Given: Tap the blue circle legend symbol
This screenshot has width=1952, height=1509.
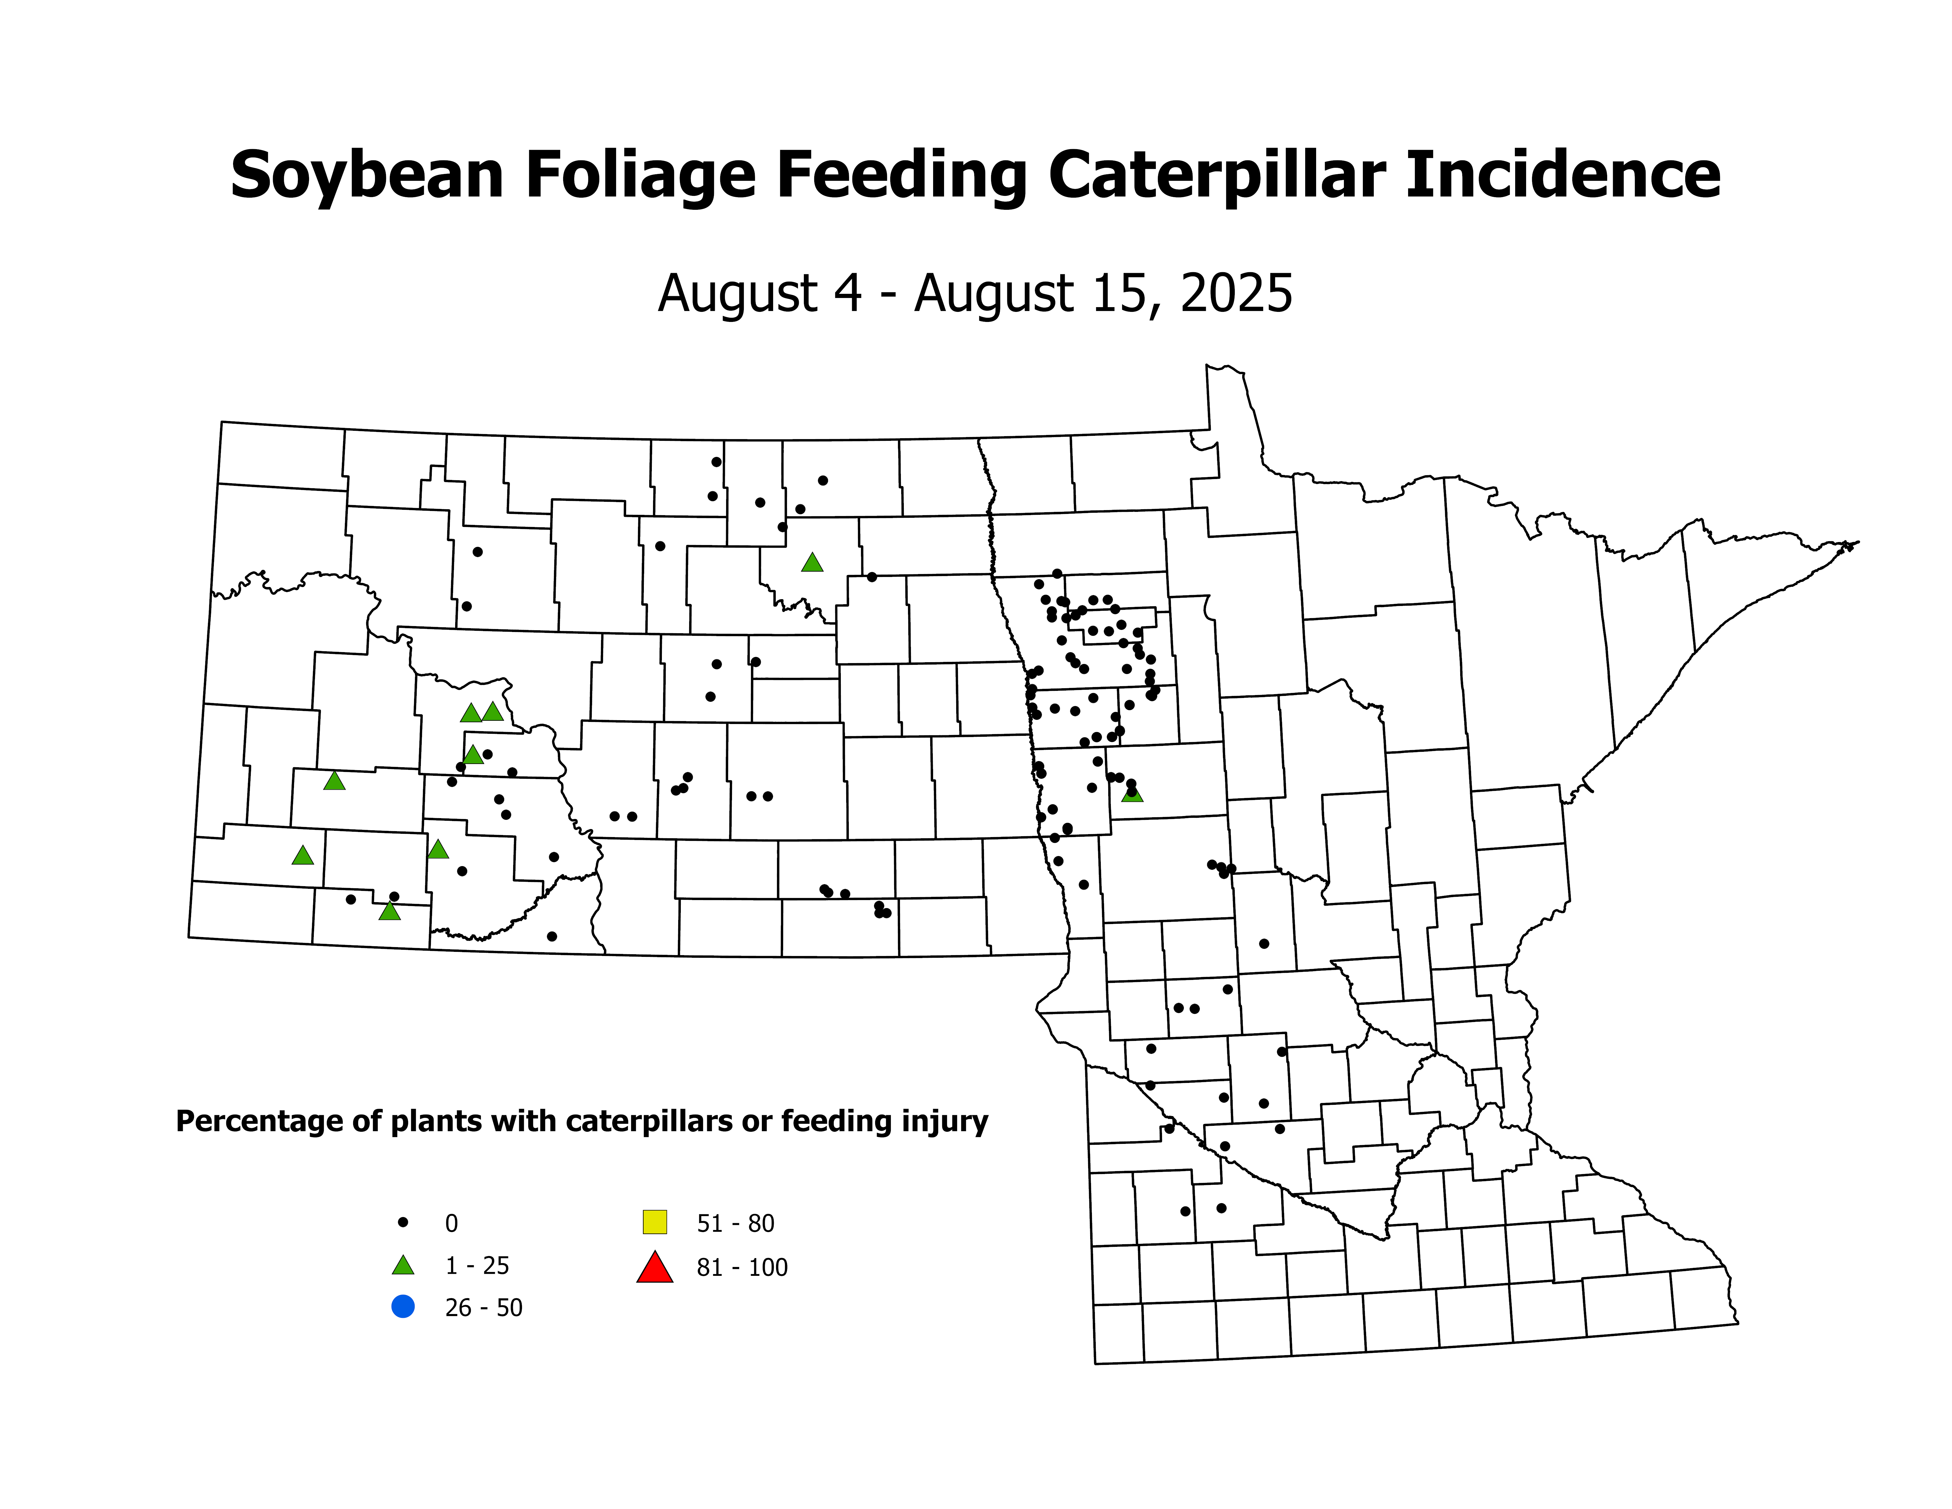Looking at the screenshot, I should (x=403, y=1307).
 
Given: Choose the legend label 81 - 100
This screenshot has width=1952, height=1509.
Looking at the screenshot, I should (x=742, y=1268).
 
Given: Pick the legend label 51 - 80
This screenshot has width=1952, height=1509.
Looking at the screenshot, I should (x=735, y=1223).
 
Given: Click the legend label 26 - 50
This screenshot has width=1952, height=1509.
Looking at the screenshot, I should (x=484, y=1308).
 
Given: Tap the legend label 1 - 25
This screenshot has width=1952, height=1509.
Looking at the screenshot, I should (x=477, y=1266).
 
